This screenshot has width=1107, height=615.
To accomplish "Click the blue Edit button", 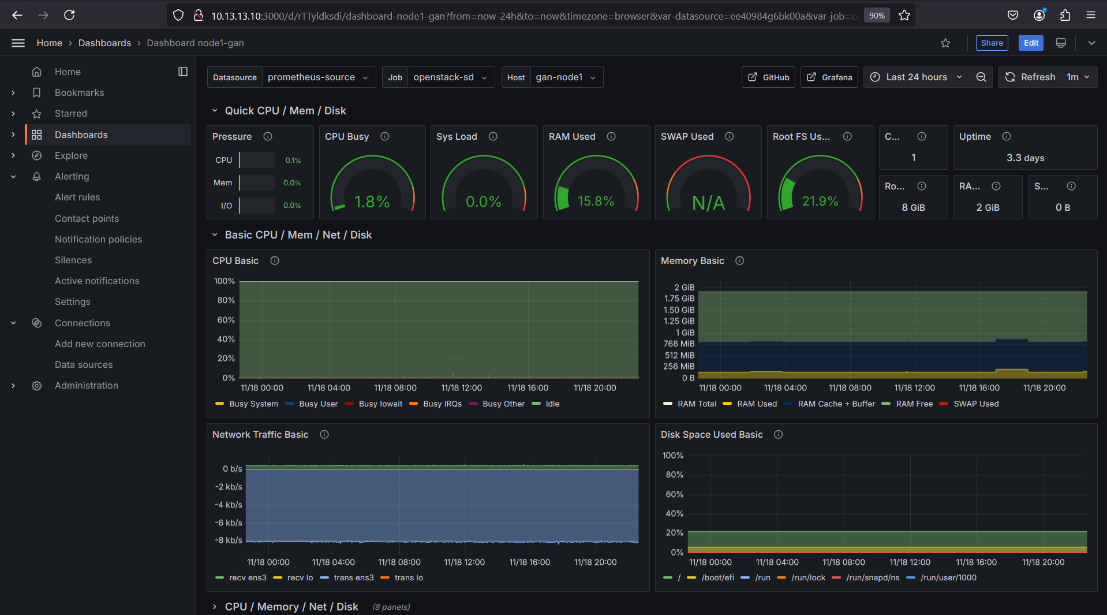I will (x=1030, y=43).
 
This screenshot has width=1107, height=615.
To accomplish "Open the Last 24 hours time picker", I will (x=916, y=77).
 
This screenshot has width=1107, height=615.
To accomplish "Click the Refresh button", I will (x=1030, y=77).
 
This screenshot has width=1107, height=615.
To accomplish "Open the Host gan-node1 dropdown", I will (x=565, y=77).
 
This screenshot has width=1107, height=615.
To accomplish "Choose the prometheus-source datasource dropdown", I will (x=317, y=77).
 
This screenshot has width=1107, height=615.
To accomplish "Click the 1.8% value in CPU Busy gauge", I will (x=372, y=202).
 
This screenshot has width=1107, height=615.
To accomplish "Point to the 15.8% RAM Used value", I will (x=596, y=201).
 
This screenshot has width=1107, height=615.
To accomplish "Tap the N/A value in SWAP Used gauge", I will (x=708, y=203).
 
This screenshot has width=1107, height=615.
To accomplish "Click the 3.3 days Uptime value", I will (x=1025, y=158).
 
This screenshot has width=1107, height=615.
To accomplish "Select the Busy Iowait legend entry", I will (x=380, y=404).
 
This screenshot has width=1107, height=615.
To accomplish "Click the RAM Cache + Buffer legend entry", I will (x=836, y=404).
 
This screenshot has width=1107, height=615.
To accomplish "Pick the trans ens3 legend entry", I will (x=353, y=577).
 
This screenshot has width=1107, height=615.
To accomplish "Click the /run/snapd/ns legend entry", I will (x=872, y=577).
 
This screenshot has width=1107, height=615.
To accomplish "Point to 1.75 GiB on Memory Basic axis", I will (x=679, y=299).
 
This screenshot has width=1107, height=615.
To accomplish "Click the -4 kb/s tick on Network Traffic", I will (x=229, y=505).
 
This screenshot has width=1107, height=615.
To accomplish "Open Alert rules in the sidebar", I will (x=77, y=197).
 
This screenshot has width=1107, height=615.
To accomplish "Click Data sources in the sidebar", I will (x=84, y=364).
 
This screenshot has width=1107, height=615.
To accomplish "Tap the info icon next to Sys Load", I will (x=493, y=136).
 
